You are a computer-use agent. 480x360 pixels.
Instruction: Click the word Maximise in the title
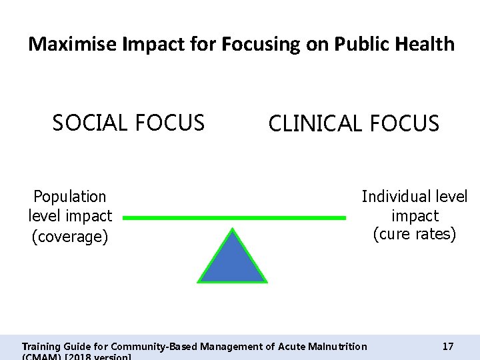72,45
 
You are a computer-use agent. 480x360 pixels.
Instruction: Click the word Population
70,197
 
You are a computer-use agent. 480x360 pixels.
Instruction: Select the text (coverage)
70,237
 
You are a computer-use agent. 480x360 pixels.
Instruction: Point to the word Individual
392,197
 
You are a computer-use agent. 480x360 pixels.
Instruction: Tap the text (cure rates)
415,235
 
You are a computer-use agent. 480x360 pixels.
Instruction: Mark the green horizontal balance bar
235,217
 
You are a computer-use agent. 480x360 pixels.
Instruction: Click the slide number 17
448,346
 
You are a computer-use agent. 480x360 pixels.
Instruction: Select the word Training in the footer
41,346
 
